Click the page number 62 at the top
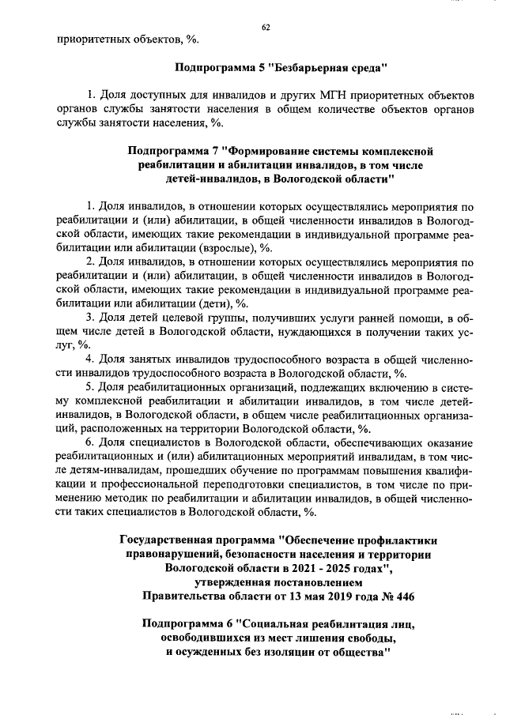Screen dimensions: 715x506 tap(266, 28)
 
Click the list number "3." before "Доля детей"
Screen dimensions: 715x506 tap(91, 318)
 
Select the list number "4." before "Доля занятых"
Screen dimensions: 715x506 tap(91, 359)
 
